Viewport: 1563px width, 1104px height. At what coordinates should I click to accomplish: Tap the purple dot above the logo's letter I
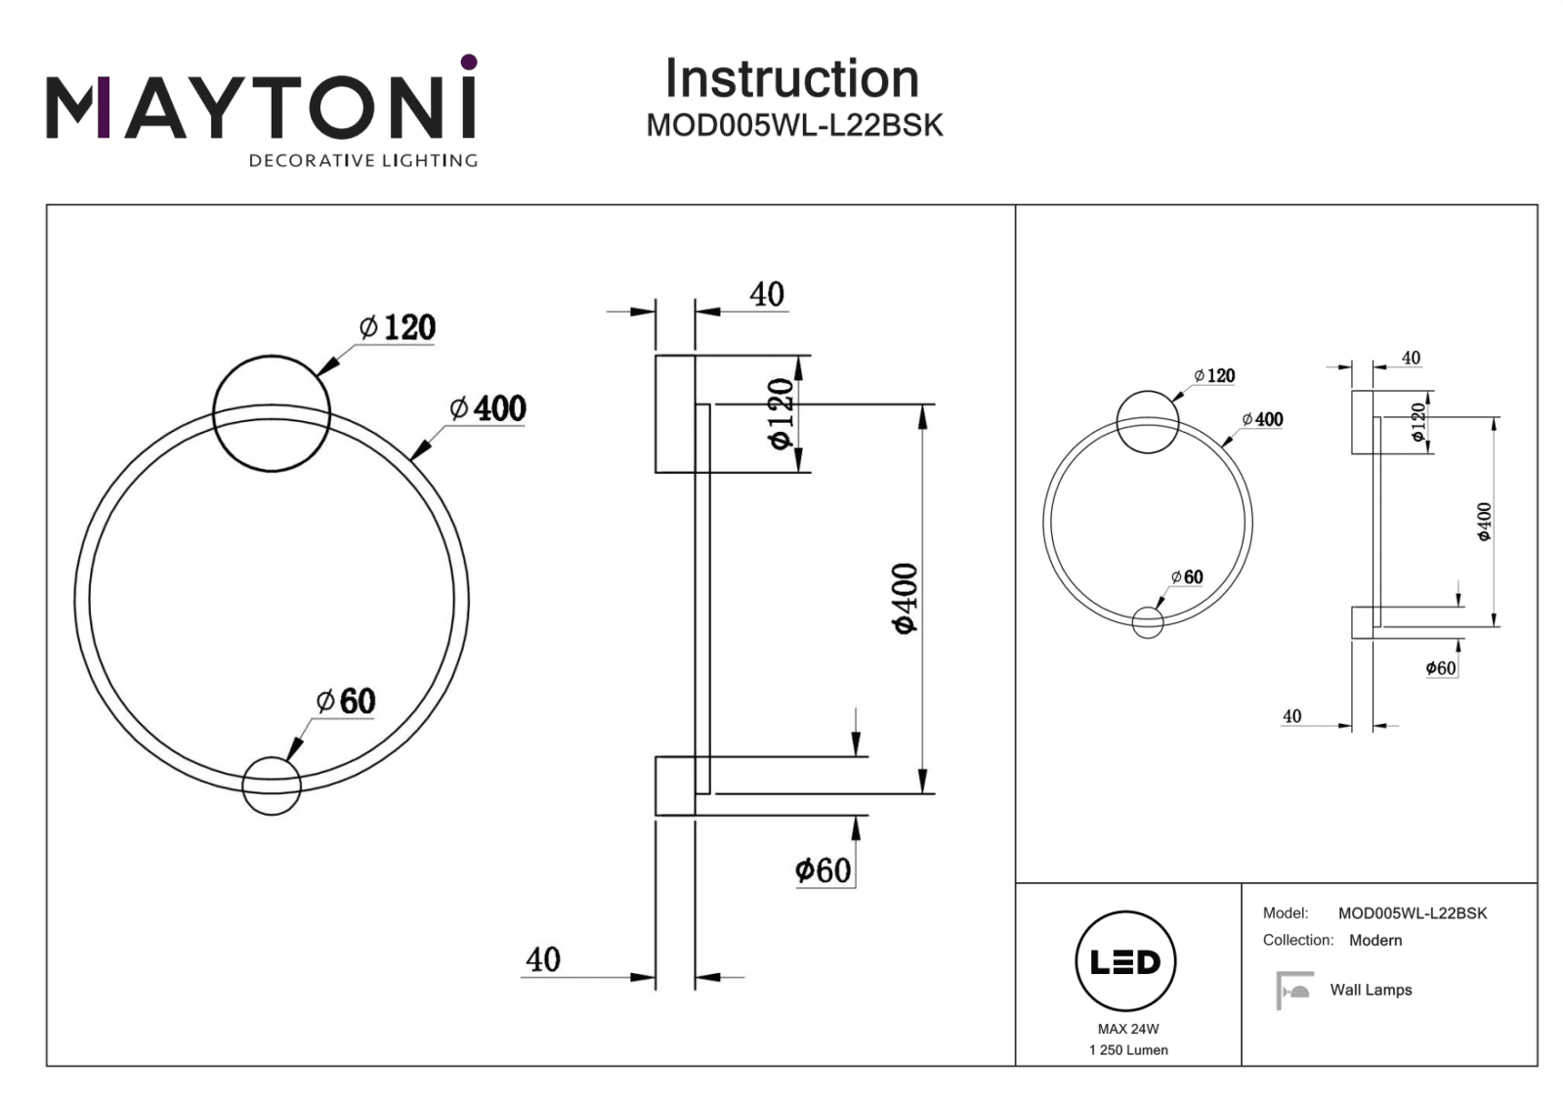(x=469, y=63)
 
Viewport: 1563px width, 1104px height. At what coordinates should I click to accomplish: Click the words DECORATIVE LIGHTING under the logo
(x=363, y=160)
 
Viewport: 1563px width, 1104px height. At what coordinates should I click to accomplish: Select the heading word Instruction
(x=791, y=78)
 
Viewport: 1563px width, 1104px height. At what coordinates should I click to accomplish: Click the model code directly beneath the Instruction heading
(x=794, y=126)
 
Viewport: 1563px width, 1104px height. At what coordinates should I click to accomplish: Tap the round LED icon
(x=1125, y=961)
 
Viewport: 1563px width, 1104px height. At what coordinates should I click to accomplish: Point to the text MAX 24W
(x=1128, y=1029)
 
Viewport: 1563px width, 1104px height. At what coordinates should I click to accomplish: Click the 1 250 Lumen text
(x=1128, y=1050)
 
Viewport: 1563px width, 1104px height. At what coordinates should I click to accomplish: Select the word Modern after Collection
(x=1375, y=940)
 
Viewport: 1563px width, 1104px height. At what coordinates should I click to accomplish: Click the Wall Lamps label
(x=1371, y=990)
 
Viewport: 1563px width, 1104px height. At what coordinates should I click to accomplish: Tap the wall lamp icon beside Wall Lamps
(x=1294, y=989)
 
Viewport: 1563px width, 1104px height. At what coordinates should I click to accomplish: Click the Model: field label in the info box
(x=1285, y=913)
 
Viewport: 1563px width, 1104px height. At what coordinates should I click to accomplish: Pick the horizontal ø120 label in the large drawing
(x=398, y=327)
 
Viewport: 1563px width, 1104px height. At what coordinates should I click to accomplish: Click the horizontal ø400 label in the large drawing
(x=487, y=408)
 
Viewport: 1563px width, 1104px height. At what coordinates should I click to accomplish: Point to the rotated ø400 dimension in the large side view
(x=906, y=598)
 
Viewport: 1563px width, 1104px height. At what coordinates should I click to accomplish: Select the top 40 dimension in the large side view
(x=767, y=294)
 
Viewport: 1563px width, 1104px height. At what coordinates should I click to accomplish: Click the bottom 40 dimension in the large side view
(x=543, y=959)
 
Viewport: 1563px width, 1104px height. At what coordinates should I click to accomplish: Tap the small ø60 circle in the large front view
(x=272, y=786)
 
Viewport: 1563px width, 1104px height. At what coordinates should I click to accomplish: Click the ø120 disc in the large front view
(x=272, y=413)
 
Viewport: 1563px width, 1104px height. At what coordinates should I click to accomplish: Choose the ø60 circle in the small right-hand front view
(x=1148, y=622)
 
